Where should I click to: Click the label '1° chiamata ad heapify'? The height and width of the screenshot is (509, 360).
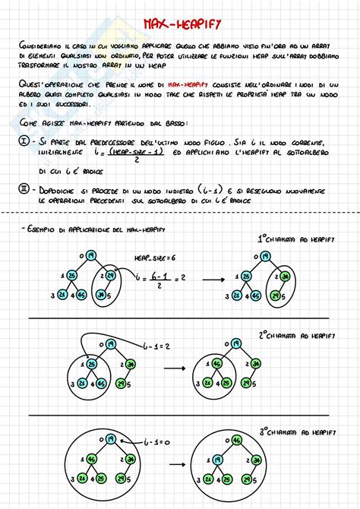pyautogui.click(x=295, y=239)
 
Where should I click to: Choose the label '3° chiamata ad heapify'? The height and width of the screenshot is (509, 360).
pyautogui.click(x=296, y=431)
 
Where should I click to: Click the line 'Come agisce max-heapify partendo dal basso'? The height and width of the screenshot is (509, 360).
pyautogui.click(x=93, y=122)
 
